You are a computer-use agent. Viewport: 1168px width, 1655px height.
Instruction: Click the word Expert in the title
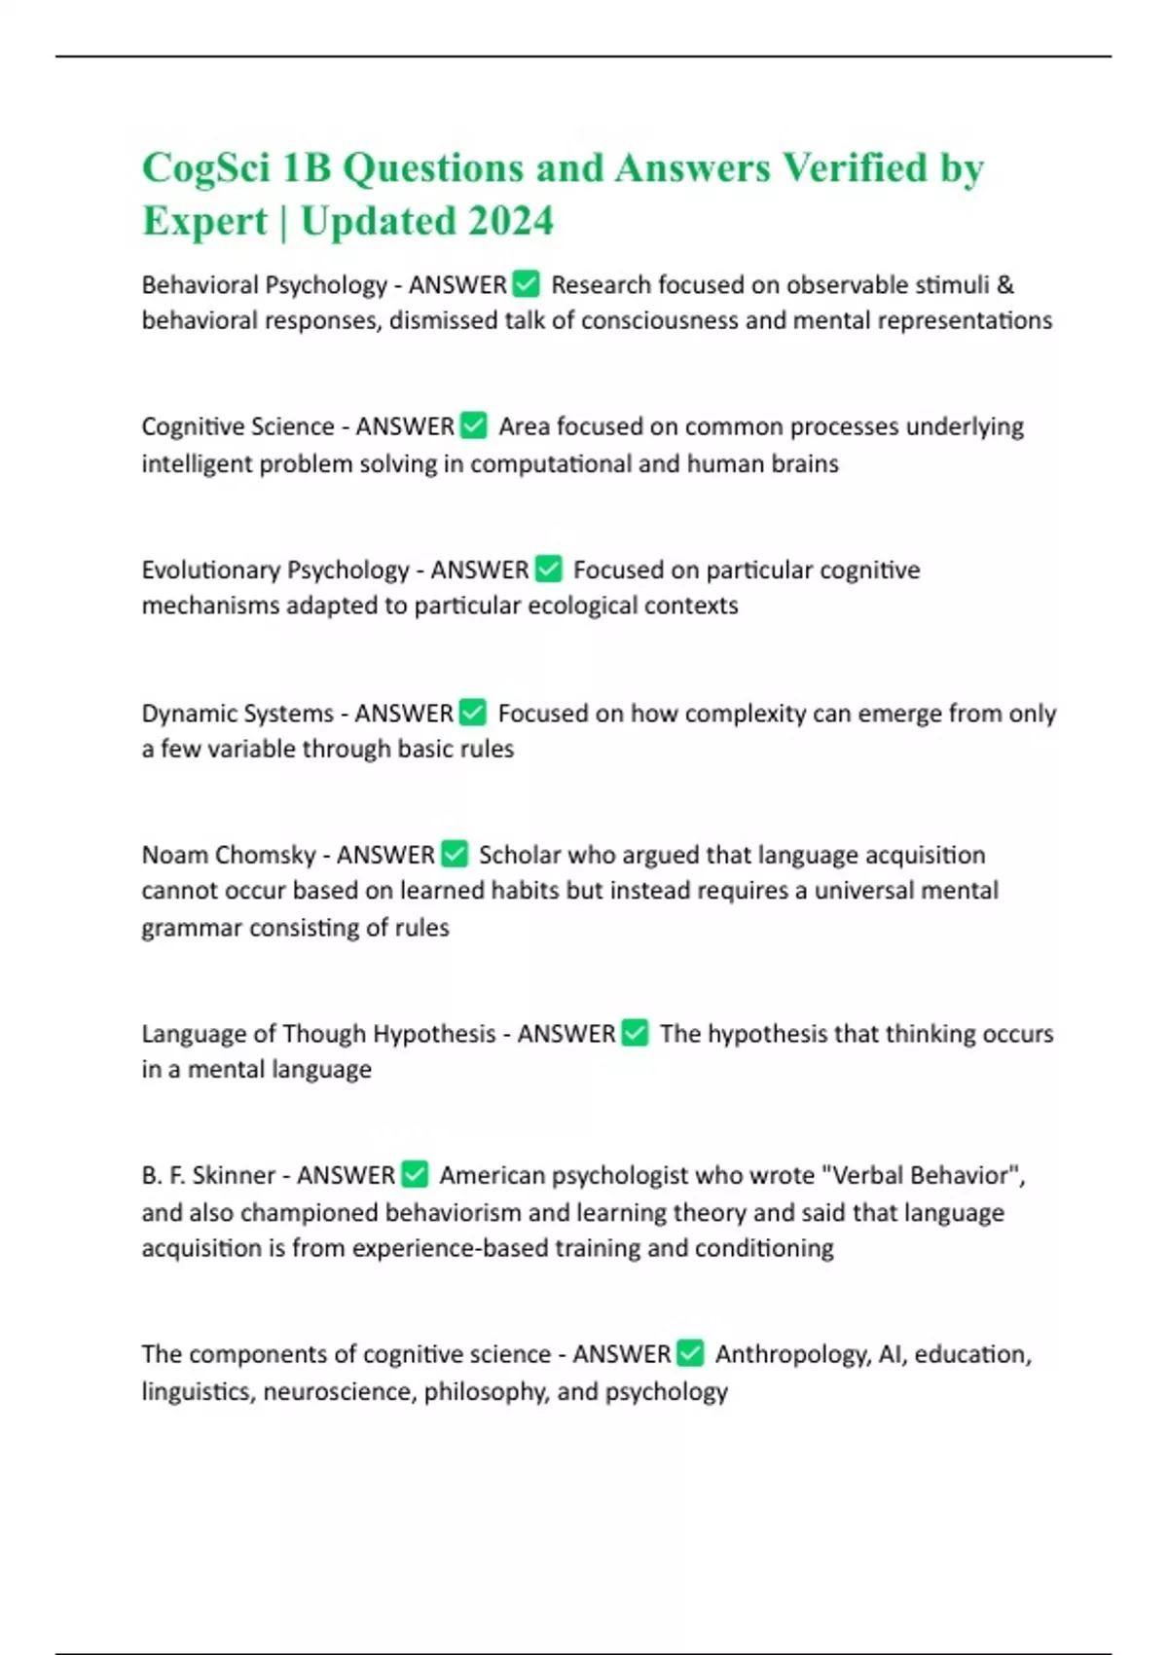tap(204, 221)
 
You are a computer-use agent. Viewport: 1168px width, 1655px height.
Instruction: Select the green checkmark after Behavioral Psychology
tap(526, 284)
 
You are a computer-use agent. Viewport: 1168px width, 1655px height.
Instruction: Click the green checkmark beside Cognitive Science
tap(473, 426)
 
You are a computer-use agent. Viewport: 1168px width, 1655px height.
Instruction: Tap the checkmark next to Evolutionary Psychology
tap(548, 569)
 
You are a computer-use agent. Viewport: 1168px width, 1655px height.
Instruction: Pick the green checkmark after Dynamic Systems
tap(472, 713)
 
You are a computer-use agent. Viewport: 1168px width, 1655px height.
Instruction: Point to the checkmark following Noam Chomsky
tap(455, 854)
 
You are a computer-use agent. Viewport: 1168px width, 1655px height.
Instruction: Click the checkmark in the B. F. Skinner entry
tap(415, 1175)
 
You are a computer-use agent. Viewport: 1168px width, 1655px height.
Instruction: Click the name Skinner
tap(234, 1176)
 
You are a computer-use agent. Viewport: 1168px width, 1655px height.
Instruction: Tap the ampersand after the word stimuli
tap(1005, 285)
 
